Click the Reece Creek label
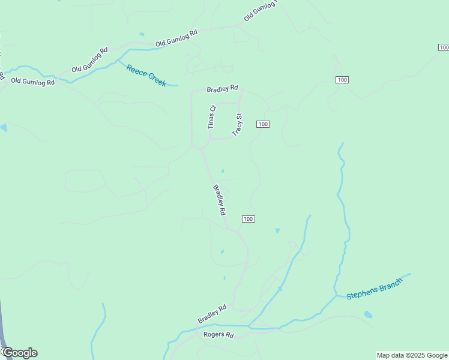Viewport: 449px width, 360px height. click(146, 76)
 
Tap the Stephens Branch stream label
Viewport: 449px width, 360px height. click(373, 289)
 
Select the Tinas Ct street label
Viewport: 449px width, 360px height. click(211, 117)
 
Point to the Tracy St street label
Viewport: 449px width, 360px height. click(237, 124)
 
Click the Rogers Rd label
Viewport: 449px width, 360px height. click(218, 335)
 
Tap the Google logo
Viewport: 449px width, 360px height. click(19, 353)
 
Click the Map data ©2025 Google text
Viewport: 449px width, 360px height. click(412, 355)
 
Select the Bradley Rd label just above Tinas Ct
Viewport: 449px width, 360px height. click(222, 89)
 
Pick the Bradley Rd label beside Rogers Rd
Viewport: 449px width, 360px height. click(212, 314)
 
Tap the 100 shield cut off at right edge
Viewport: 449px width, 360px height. click(444, 47)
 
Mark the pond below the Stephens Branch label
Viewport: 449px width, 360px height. click(368, 314)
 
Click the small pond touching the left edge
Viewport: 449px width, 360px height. click(3, 128)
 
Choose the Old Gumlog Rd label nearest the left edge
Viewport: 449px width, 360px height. click(32, 81)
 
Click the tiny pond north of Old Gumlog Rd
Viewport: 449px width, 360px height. click(142, 34)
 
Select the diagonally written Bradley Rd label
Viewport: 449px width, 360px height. click(219, 199)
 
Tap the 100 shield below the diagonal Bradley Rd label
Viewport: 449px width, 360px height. click(249, 219)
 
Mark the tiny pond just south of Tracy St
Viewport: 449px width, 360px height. click(223, 171)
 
